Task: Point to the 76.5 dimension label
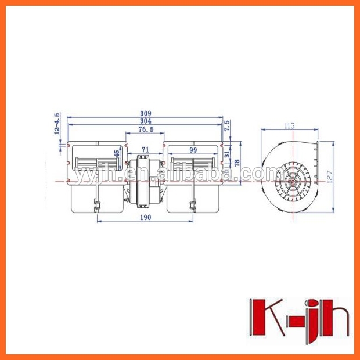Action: coord(145,129)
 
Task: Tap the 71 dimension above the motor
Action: coord(145,150)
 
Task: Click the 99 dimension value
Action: coord(193,150)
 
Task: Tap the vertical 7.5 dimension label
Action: coord(227,125)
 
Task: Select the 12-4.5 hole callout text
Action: coord(57,124)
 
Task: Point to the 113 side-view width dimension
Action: coord(289,125)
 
